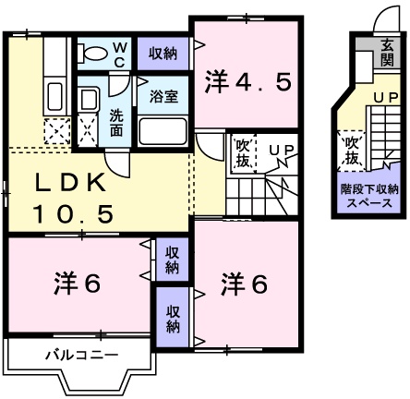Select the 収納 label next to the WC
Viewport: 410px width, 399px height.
[x=163, y=54]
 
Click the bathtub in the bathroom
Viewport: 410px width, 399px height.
[x=163, y=129]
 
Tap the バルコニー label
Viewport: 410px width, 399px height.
[x=80, y=355]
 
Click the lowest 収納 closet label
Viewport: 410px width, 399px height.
[x=175, y=318]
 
